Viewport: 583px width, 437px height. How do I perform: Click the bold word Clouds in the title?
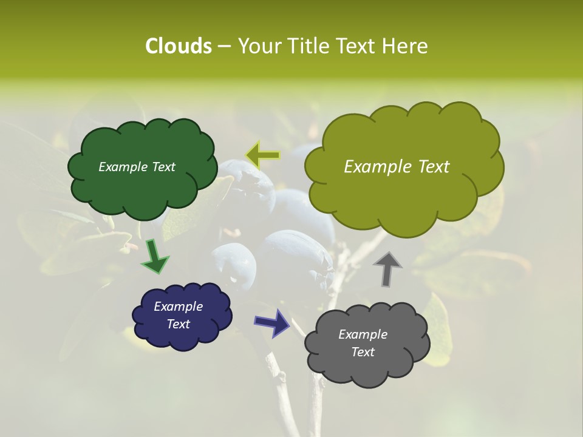[178, 46]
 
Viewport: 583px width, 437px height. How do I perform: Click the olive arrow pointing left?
[262, 155]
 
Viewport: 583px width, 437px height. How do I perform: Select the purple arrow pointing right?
[272, 322]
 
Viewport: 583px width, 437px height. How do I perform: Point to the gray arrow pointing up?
[387, 268]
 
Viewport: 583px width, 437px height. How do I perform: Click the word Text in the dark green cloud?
[162, 167]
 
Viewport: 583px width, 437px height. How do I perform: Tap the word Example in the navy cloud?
[178, 307]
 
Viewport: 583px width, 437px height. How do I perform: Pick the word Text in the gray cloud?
[363, 352]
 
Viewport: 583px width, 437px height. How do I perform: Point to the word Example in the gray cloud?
[363, 334]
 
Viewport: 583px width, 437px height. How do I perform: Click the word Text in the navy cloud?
[178, 324]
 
